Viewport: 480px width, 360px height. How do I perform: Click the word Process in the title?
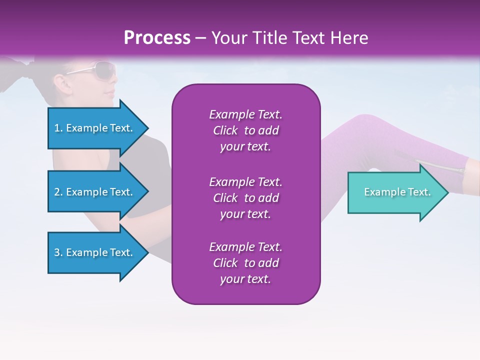click(157, 38)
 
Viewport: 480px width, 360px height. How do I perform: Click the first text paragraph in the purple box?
click(245, 130)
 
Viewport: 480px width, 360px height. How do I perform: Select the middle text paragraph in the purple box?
click(245, 198)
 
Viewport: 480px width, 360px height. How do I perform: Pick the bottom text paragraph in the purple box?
click(245, 263)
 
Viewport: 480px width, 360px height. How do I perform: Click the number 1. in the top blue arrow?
click(58, 128)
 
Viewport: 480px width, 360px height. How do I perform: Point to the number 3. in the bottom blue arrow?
click(58, 252)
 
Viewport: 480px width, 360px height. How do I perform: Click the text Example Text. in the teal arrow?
click(397, 192)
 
